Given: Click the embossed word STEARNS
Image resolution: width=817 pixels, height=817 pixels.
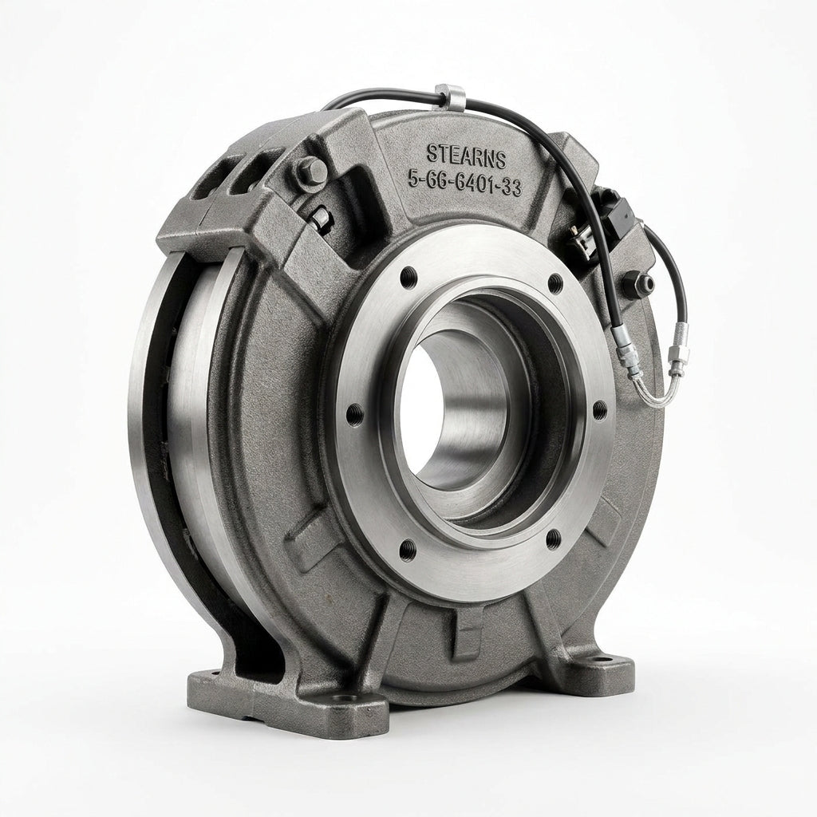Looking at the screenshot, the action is pos(466,156).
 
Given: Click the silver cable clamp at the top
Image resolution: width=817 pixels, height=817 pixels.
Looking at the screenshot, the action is pos(450,97).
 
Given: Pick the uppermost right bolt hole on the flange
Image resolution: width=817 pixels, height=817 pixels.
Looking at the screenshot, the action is pos(556,283).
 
